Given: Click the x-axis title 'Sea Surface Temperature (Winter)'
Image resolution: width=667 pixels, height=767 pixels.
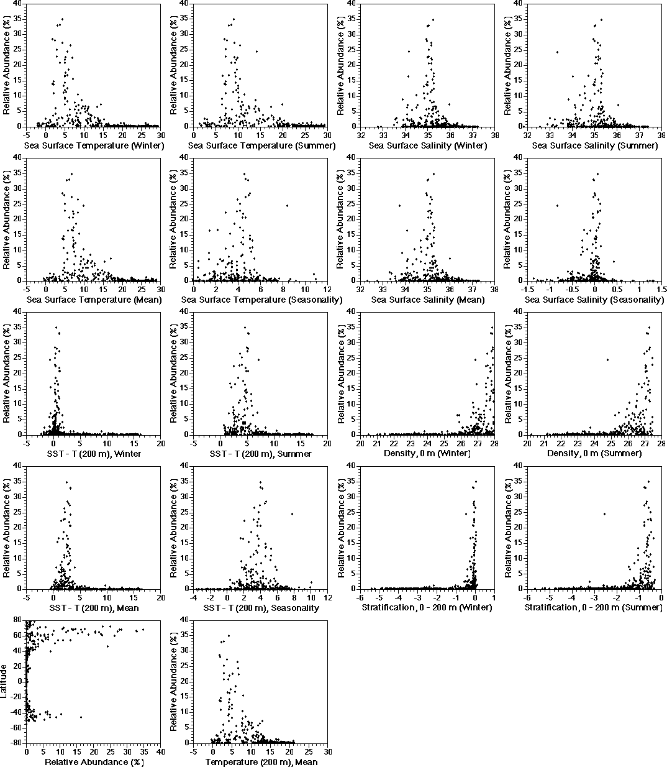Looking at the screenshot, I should coord(93,145).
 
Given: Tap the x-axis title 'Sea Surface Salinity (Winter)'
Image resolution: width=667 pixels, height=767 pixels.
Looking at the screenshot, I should coord(428,145).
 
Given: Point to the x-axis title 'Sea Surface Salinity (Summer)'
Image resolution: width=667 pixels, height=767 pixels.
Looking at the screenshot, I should coord(594,145).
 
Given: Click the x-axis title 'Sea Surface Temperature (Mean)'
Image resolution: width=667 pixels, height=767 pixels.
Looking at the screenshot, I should coord(93,300).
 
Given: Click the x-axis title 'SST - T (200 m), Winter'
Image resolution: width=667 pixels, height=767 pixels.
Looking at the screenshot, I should coord(93,454).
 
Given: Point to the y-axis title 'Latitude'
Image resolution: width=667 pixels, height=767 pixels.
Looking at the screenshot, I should coord(6,681).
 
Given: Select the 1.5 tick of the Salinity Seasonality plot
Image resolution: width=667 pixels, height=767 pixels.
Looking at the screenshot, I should coord(661,289).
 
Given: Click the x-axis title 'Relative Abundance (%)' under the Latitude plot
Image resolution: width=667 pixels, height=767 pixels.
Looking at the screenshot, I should coord(93,762).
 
